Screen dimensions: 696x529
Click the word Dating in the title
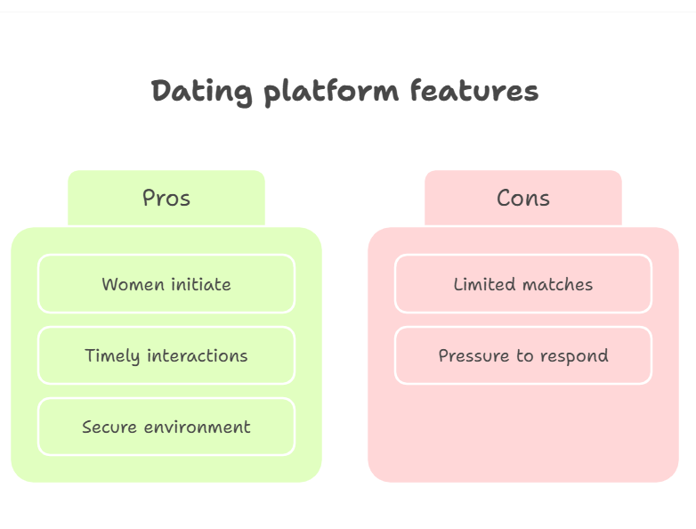(201, 93)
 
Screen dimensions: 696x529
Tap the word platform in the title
(331, 93)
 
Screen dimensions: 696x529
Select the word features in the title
(474, 90)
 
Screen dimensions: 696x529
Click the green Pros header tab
(166, 198)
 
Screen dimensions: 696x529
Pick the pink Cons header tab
(522, 198)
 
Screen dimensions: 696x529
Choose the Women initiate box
(166, 284)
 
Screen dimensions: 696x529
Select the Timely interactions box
(166, 355)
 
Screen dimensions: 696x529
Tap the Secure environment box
(166, 427)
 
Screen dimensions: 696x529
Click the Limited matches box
(523, 284)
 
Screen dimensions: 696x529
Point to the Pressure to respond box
(523, 355)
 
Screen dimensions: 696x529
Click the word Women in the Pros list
(134, 284)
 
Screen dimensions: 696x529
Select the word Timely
(113, 356)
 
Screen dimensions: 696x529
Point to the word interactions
(198, 355)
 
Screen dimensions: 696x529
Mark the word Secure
(109, 427)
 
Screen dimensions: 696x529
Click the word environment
(198, 427)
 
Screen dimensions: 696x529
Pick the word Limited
(485, 284)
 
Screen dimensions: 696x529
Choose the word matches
(558, 284)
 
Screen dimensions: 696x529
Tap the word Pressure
(473, 355)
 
